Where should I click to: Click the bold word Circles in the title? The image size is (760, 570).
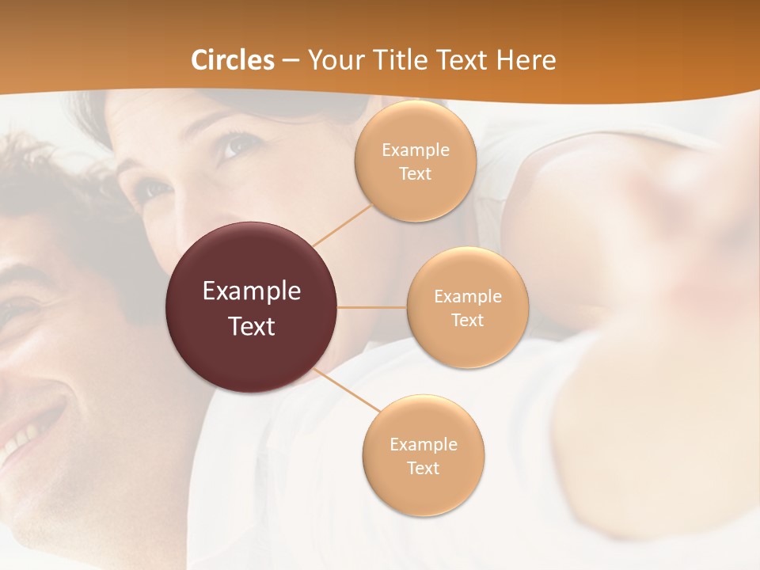pos(233,60)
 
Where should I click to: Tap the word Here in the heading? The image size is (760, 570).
pos(526,60)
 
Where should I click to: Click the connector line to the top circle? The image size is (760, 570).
pos(342,225)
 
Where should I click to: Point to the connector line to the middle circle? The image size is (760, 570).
pos(372,307)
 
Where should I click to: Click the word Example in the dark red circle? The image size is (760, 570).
pos(252,291)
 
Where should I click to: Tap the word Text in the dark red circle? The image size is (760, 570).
pos(252,326)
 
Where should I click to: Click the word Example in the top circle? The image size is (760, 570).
pos(415,150)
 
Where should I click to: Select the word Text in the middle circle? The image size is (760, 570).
pos(467,320)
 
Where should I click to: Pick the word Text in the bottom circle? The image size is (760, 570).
pos(423,468)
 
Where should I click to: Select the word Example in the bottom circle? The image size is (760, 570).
pos(423,444)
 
